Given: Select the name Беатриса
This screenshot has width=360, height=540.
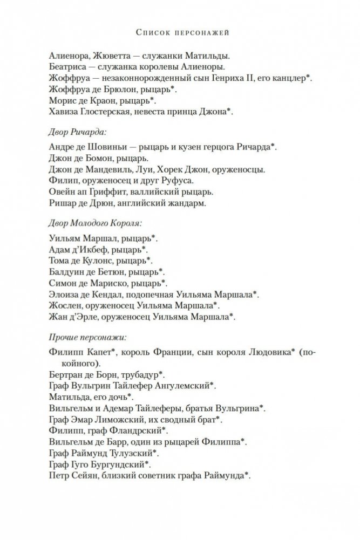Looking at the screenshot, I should (x=67, y=67).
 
